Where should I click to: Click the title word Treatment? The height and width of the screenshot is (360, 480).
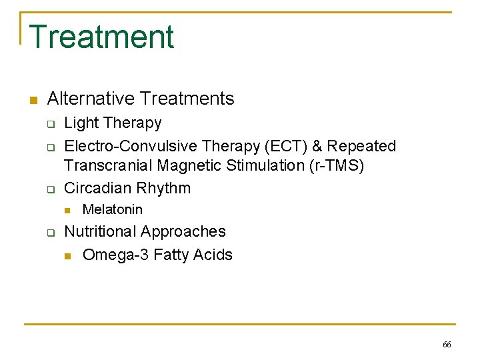tap(101, 37)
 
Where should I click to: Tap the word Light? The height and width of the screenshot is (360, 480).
tap(81, 123)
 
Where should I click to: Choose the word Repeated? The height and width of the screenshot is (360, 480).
tap(362, 146)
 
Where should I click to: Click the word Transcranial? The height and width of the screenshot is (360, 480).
tap(109, 165)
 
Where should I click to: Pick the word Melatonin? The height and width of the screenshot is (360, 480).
tap(112, 209)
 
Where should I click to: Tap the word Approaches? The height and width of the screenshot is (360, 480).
tap(186, 232)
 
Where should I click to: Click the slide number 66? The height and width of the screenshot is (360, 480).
tap(447, 345)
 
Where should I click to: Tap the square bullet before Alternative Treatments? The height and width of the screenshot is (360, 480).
tap(32, 100)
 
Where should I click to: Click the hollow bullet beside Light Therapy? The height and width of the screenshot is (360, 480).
tap(49, 124)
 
